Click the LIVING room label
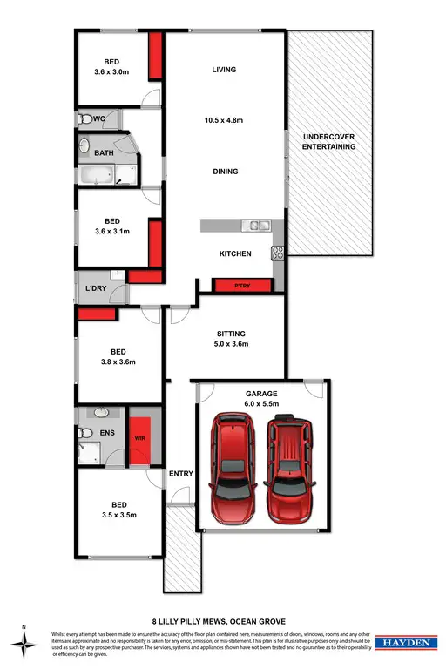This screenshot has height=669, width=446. [x=224, y=70]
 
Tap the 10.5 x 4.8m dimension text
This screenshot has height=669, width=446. [x=224, y=121]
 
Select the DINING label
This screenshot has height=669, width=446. [x=224, y=172]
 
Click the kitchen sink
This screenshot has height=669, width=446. [x=259, y=226]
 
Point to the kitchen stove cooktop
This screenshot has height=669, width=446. [x=279, y=253]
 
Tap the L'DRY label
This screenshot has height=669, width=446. [x=95, y=288]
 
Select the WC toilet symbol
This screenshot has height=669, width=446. [x=85, y=118]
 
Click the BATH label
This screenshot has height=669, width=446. [x=104, y=153]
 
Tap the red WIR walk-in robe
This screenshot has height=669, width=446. [x=139, y=436]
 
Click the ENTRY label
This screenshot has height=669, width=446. [x=180, y=474]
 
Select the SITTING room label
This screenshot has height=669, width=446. [x=231, y=334]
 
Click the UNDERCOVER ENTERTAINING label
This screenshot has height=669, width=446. [x=328, y=142]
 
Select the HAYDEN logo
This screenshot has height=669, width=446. [x=406, y=642]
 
